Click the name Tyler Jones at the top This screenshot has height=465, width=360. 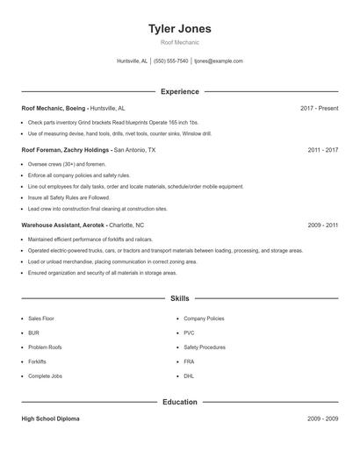click(x=179, y=29)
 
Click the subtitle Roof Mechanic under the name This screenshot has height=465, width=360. click(x=179, y=42)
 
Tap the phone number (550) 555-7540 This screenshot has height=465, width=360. click(x=170, y=61)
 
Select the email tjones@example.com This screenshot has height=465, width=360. click(x=219, y=61)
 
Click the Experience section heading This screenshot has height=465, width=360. click(x=179, y=91)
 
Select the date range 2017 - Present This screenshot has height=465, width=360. click(x=319, y=108)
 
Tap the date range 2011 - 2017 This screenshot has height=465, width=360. click(x=322, y=150)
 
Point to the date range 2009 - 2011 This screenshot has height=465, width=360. click(x=322, y=225)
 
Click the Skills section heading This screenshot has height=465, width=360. click(x=179, y=298)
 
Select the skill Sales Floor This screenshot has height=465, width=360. click(x=41, y=318)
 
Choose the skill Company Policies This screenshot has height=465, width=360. click(x=204, y=318)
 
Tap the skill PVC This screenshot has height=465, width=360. click(x=189, y=333)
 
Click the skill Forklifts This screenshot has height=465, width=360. click(x=37, y=361)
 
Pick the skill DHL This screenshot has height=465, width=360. click(x=189, y=375)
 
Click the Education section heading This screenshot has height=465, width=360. click(x=179, y=402)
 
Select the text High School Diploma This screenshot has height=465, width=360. click(x=50, y=418)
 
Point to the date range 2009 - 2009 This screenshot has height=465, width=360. click(x=322, y=418)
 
